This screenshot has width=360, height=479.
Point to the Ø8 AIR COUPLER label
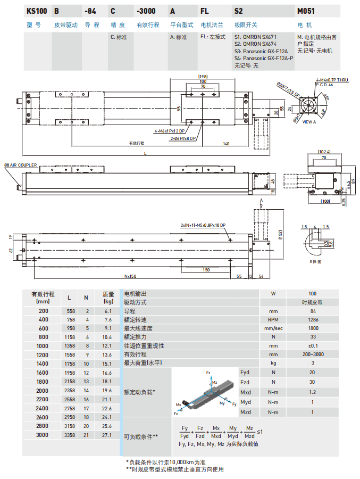(21, 166)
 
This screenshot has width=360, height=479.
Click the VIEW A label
(309, 122)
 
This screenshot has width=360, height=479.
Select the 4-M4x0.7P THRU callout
(332, 79)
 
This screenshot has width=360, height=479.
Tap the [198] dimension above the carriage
(202, 76)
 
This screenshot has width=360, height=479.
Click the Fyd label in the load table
(245, 372)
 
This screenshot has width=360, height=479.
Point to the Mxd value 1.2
(313, 392)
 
